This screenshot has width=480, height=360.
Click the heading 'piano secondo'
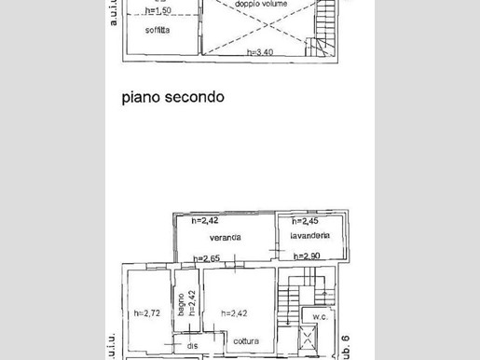171,97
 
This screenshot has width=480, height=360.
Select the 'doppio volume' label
261,5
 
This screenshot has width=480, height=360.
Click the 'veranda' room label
226,238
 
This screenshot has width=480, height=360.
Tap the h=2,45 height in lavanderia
306,222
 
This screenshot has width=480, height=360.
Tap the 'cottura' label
222,339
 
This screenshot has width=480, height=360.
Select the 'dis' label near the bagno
192,347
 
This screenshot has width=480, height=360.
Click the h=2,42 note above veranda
204,221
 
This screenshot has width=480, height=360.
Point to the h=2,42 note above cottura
232,313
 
